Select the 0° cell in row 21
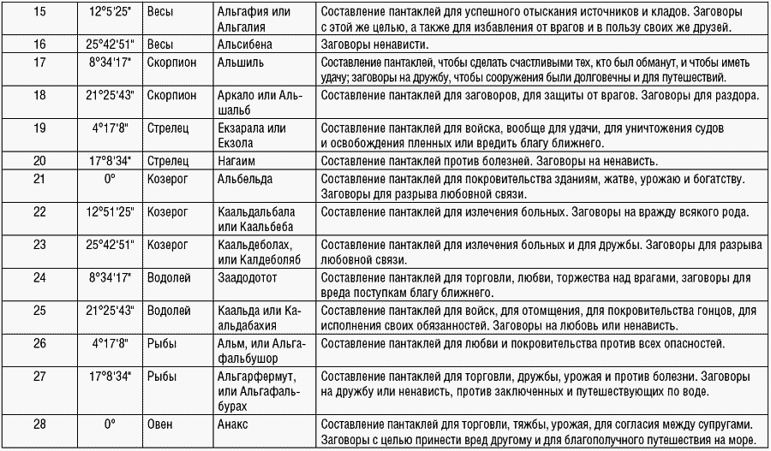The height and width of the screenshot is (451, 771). point(109,179)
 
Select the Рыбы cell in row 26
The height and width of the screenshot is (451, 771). point(161,343)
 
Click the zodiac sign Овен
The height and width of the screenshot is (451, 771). point(160,423)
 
